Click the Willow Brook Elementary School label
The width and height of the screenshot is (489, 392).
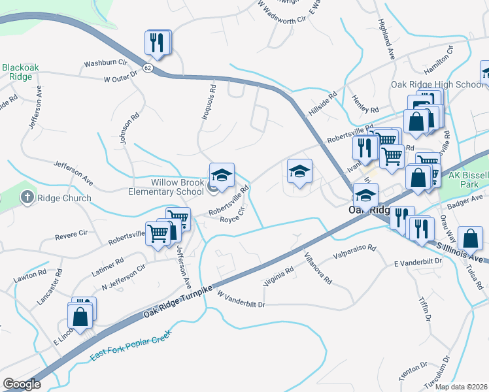[x=168, y=187]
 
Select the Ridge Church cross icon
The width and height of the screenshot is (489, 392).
[x=27, y=197]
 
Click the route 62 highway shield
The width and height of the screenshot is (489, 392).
[x=148, y=69]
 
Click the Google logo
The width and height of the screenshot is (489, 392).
[x=22, y=384]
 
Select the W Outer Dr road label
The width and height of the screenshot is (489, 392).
[x=122, y=77]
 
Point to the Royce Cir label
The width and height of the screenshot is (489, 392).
[x=231, y=216]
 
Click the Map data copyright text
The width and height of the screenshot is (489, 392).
[x=461, y=387]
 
